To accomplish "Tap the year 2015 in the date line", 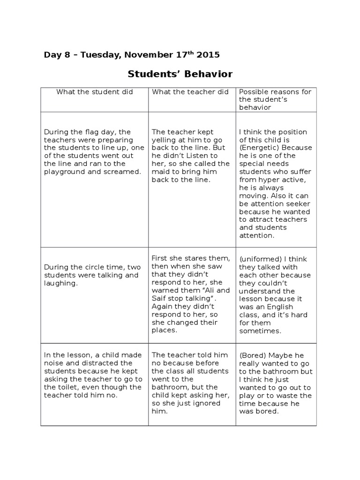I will (208, 55).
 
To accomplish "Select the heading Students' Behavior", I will (180, 74).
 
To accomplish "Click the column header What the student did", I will (95, 92).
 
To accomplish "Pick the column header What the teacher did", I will (190, 92).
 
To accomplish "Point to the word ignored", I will (213, 403).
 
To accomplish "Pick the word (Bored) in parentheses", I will (253, 355).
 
